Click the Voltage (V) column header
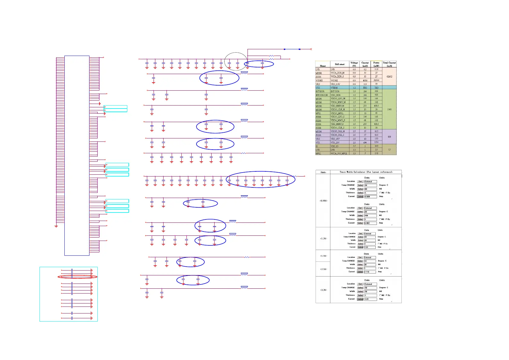(354, 64)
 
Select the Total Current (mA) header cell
(389, 64)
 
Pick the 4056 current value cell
(365, 80)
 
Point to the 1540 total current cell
(389, 109)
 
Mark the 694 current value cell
(365, 142)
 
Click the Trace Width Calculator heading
(366, 172)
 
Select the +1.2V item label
(323, 238)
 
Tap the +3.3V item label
(323, 290)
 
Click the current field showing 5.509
(370, 196)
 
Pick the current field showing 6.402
(370, 223)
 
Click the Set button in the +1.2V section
(360, 234)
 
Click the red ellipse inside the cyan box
(78, 277)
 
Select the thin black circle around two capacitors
(236, 61)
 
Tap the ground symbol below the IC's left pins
(56, 226)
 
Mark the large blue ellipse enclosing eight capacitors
(260, 180)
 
